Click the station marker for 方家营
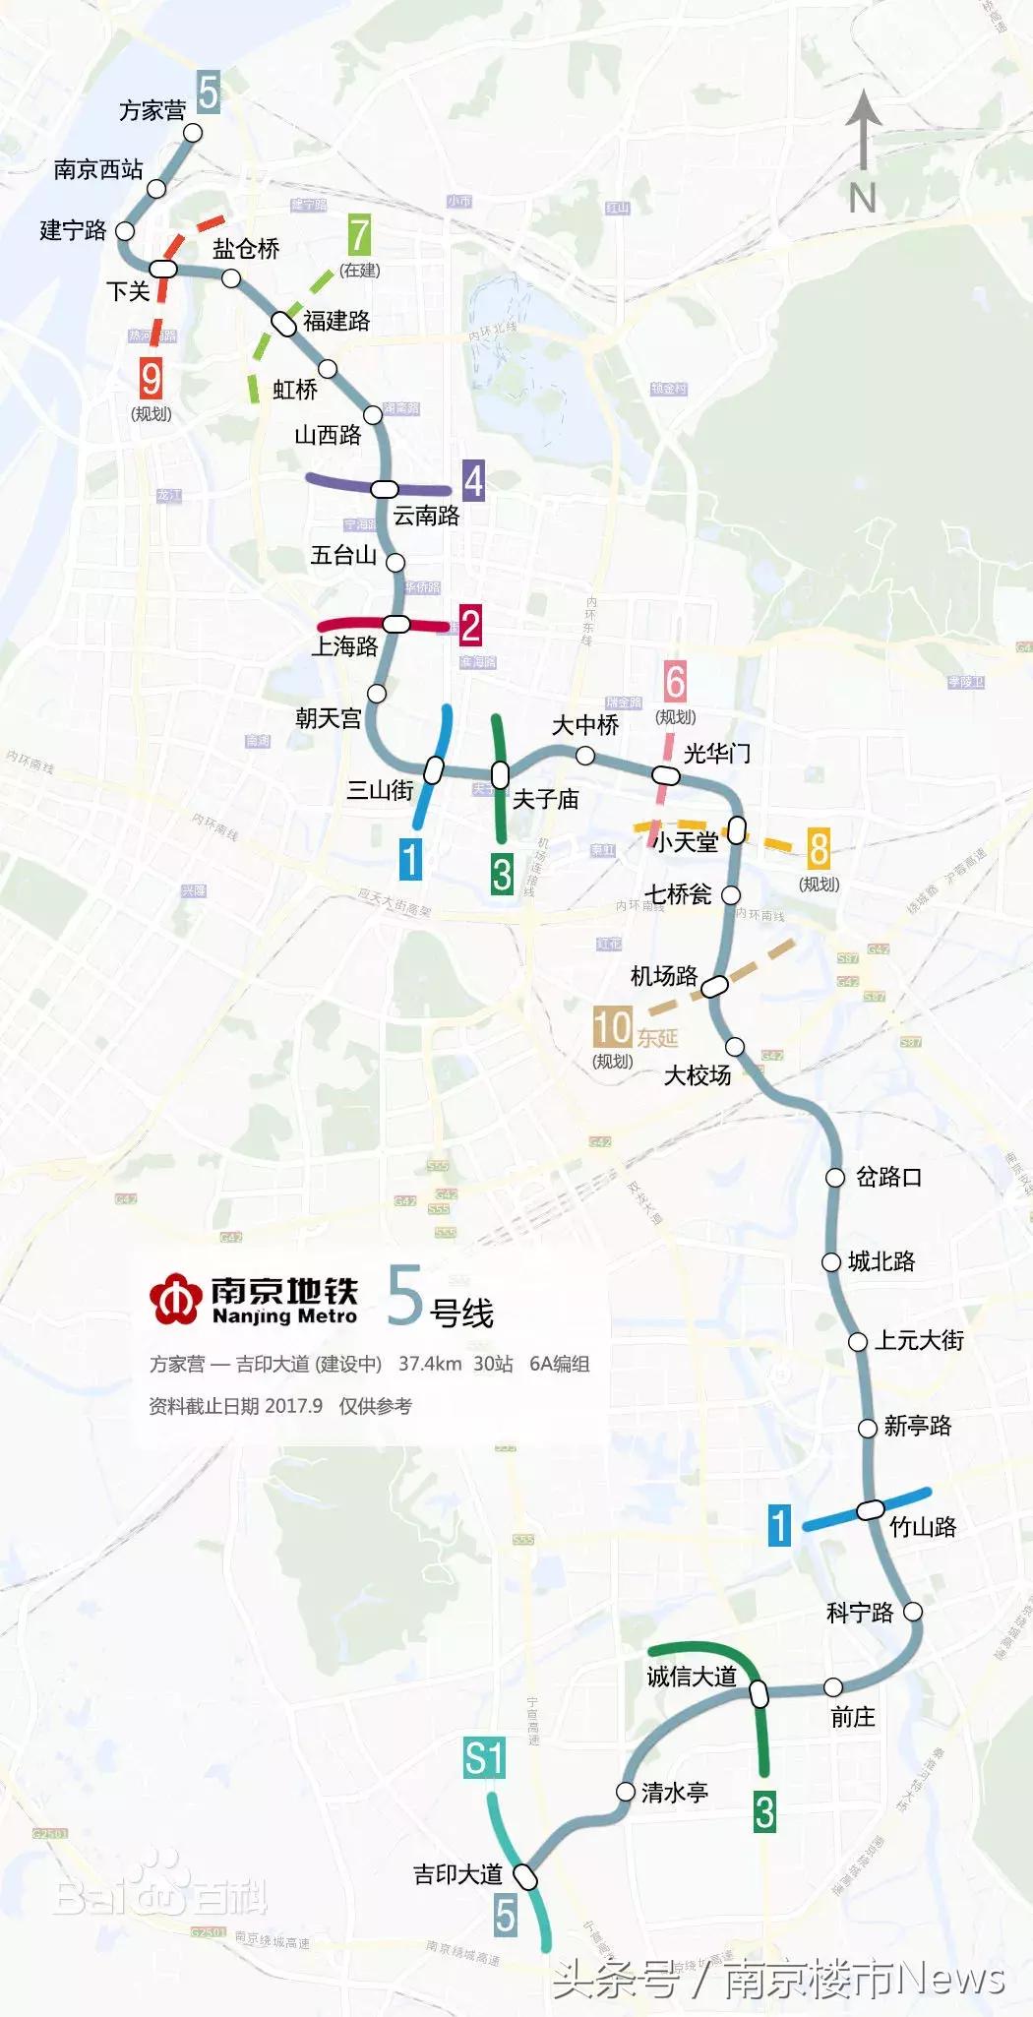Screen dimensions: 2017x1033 (194, 132)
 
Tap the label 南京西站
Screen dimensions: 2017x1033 (98, 170)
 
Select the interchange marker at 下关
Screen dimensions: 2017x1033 (163, 269)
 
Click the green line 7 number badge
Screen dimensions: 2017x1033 (359, 236)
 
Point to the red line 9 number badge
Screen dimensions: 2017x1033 (151, 379)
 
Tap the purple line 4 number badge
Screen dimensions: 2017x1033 (473, 481)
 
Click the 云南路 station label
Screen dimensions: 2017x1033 (426, 516)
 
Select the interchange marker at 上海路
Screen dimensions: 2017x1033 (396, 624)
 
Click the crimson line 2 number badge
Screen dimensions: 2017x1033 (470, 626)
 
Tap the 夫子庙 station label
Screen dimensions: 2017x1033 (546, 799)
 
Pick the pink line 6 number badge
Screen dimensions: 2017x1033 (675, 682)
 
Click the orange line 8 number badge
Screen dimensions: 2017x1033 (819, 848)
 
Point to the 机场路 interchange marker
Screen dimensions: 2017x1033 (715, 985)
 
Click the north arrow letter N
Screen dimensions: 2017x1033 (863, 199)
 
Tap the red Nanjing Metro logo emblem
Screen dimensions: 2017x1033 (176, 1299)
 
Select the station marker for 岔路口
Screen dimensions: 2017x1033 (835, 1177)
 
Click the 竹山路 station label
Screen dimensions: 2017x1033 (923, 1527)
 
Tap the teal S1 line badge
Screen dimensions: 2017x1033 (484, 1758)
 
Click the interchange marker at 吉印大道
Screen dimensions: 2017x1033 (527, 1877)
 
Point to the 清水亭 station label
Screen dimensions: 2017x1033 (675, 1793)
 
